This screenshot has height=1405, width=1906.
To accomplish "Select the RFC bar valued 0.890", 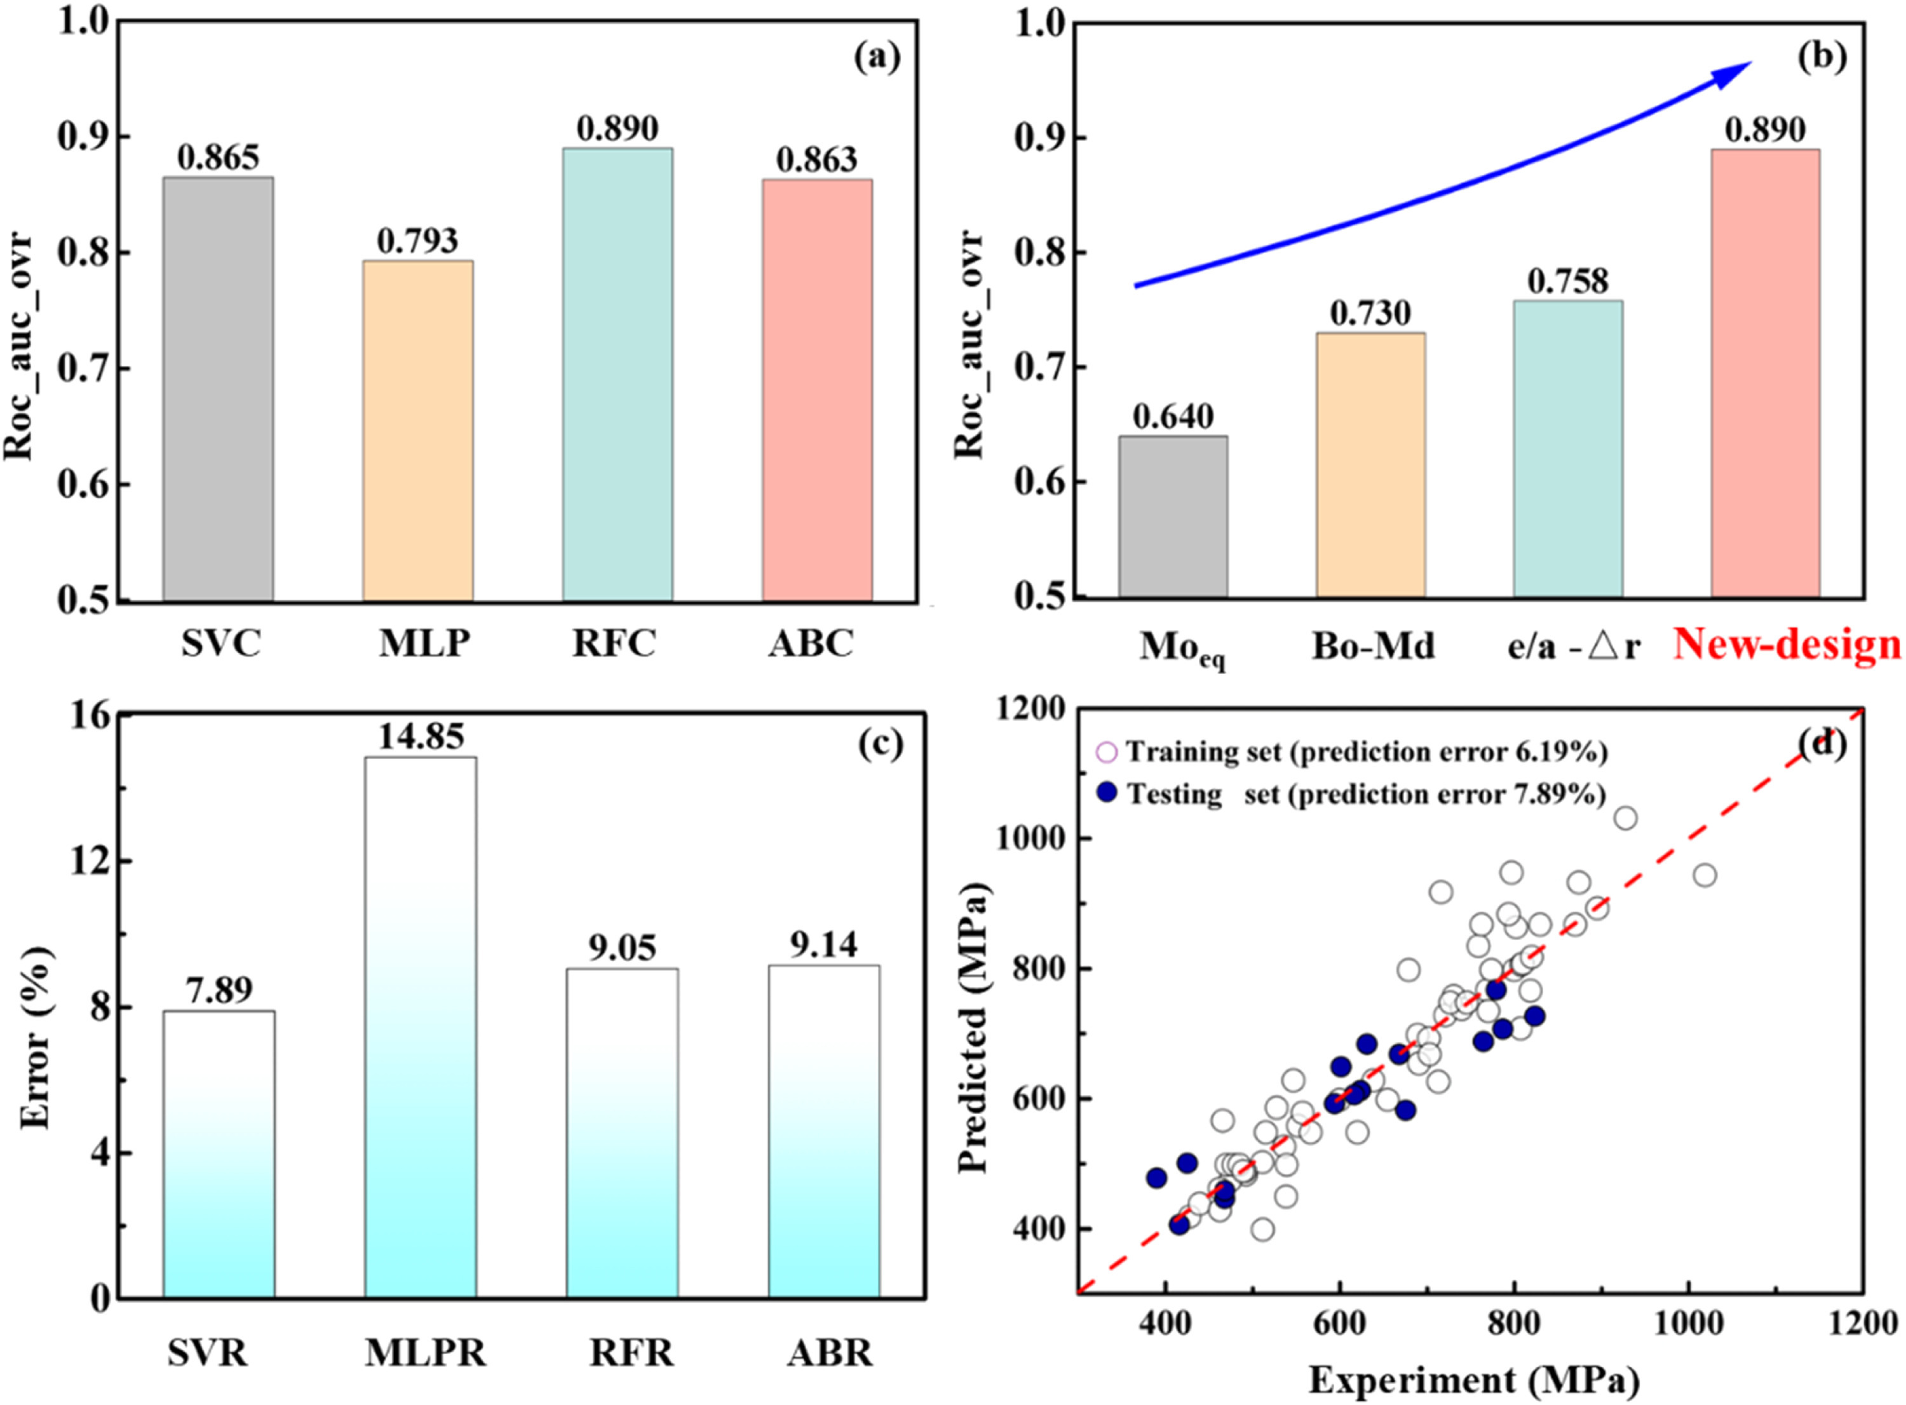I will [x=617, y=374].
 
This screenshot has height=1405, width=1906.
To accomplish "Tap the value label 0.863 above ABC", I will [x=816, y=159].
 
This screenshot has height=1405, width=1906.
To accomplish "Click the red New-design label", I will [x=1787, y=645].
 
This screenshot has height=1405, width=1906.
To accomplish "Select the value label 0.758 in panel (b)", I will [x=1567, y=281].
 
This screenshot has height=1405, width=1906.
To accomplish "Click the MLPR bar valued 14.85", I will [x=420, y=1026].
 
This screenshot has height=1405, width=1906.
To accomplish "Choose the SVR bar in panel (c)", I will [x=219, y=1153].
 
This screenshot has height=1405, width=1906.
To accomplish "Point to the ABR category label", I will [x=829, y=1352].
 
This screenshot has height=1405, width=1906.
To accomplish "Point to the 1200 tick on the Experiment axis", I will [x=1863, y=1323].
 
